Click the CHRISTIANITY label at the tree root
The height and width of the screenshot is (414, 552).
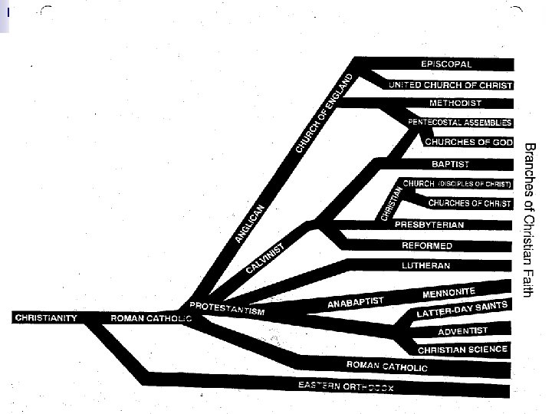tap(47, 317)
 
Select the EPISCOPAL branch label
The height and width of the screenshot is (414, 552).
tap(446, 64)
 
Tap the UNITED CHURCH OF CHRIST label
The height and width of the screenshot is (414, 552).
tap(450, 84)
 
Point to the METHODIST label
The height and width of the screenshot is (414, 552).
tap(455, 103)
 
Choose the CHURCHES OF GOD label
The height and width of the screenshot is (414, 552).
tap(468, 143)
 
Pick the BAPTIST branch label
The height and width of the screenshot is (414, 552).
tap(450, 164)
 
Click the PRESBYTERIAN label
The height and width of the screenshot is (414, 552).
tap(429, 225)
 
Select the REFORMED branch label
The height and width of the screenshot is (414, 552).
tap(427, 246)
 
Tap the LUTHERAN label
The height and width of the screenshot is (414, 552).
tap(426, 266)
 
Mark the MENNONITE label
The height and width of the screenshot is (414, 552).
tap(449, 292)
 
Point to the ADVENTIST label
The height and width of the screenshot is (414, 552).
tap(462, 331)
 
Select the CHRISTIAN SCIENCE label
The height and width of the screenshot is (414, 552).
tap(462, 350)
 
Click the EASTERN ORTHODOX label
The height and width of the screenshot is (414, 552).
tap(346, 386)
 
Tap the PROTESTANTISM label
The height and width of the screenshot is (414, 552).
tap(227, 308)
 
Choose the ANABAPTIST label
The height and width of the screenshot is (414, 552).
tap(356, 303)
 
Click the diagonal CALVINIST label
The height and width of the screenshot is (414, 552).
tap(265, 258)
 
